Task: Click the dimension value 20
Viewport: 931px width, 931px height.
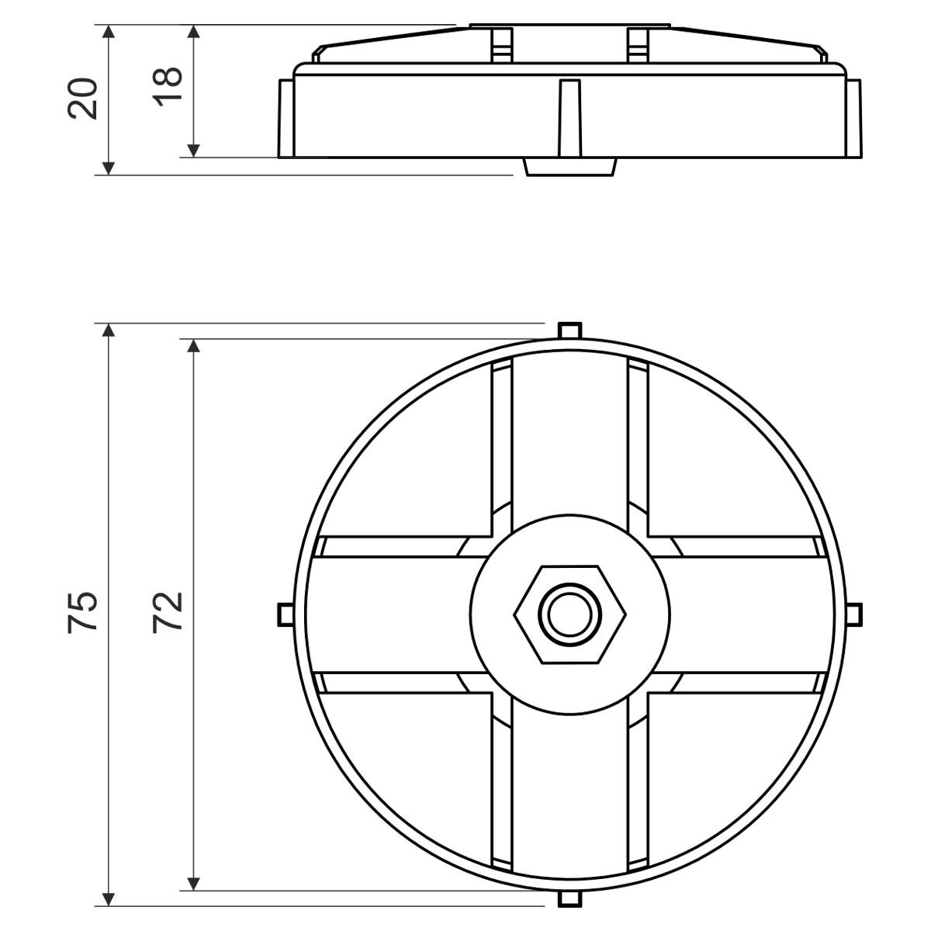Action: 82,98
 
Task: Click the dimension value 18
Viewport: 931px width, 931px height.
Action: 167,86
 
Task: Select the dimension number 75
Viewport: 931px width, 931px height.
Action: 82,611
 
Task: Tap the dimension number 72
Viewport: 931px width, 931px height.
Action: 167,612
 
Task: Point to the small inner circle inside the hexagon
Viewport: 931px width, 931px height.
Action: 570,614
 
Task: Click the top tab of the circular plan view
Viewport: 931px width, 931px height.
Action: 570,331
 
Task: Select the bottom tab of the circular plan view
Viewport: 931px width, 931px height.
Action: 570,898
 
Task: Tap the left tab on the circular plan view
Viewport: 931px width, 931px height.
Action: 286,614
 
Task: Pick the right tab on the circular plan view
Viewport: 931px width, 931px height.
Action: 854,614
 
